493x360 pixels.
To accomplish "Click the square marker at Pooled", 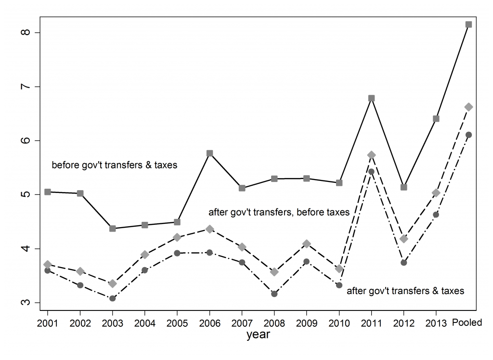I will [468, 24].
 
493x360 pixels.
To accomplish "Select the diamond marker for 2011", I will [371, 154].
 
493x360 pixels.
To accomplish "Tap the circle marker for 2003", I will [112, 298].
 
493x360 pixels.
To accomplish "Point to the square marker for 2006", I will [209, 153].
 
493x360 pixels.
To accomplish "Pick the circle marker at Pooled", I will [468, 135].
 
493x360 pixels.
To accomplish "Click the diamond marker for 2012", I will [403, 239].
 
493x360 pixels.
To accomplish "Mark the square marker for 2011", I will [371, 98].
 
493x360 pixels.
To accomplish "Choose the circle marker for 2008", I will [274, 294].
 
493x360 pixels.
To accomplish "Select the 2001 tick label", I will [47, 323].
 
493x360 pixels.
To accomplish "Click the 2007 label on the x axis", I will [242, 323].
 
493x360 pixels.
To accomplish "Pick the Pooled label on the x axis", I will [467, 323].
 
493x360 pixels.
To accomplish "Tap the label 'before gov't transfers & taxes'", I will [115, 165].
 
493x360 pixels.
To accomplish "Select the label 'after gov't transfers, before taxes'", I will [279, 212].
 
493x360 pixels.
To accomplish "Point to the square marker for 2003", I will [112, 228].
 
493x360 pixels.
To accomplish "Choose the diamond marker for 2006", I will [209, 229].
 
